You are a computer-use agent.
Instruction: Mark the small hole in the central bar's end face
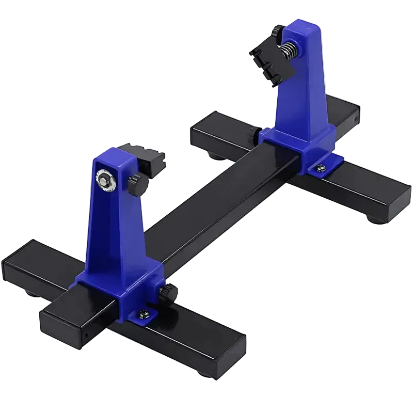click(86, 333)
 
